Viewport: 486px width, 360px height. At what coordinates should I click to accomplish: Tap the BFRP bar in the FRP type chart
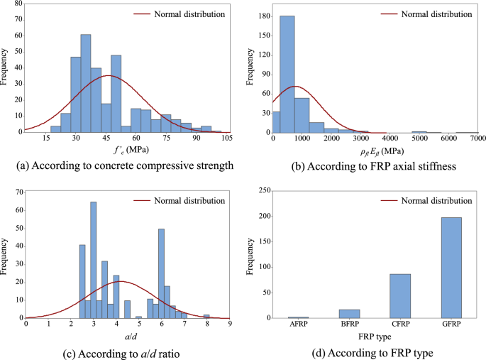(x=348, y=314)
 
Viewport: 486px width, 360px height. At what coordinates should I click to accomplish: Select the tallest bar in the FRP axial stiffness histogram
(x=288, y=74)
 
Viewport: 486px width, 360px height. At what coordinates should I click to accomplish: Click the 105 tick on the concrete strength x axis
(x=227, y=139)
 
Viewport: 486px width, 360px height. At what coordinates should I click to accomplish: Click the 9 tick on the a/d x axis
(x=230, y=325)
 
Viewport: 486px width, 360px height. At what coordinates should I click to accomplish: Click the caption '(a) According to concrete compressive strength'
(x=123, y=166)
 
